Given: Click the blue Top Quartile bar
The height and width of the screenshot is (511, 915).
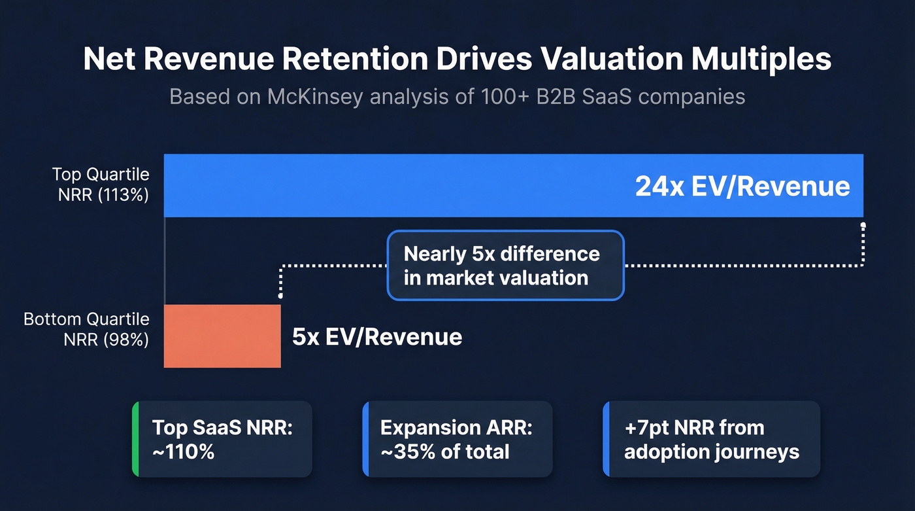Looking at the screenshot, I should (x=392, y=185).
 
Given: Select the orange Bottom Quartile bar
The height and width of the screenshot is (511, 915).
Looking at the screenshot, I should (x=222, y=336).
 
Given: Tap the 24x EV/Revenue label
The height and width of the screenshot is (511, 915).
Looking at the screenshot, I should (x=742, y=186).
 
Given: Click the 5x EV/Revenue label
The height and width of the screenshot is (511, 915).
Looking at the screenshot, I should (x=377, y=337).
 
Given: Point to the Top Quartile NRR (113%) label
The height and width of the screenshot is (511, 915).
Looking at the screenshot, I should (x=101, y=185).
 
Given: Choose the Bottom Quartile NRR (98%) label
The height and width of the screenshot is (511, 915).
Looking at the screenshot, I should (x=86, y=329).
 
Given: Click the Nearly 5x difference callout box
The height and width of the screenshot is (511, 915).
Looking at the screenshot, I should (x=505, y=265).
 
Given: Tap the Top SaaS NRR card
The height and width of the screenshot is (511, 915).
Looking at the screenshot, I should (x=222, y=439).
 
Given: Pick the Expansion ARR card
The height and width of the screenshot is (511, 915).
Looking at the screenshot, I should (x=457, y=439).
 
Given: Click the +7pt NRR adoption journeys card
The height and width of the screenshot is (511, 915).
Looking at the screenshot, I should (x=711, y=439).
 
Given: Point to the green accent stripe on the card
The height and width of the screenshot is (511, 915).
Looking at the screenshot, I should (x=135, y=439).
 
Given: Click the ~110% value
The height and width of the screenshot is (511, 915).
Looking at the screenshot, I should (x=184, y=451).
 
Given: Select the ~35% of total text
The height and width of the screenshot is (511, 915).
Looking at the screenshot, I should (x=444, y=451).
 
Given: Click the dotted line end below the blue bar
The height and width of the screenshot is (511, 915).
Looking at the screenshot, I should (x=863, y=226).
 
